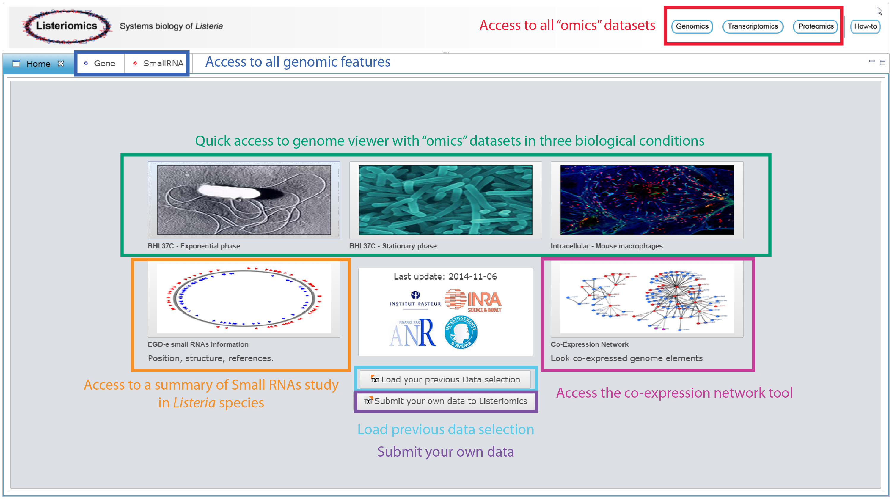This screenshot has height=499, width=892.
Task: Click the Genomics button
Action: click(692, 26)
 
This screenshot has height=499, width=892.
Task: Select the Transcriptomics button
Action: click(753, 26)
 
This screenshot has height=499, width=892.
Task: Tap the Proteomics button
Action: click(816, 26)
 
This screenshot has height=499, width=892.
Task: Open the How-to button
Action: click(865, 26)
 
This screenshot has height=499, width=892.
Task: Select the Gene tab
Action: click(100, 63)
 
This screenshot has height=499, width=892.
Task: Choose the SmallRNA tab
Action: click(158, 63)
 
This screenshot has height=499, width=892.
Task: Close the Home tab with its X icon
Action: click(61, 64)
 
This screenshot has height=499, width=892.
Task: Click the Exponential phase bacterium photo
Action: click(244, 200)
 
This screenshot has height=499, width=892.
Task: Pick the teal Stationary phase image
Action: click(445, 200)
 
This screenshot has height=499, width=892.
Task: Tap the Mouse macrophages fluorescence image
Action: click(647, 200)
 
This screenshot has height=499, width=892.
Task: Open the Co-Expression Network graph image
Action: click(647, 298)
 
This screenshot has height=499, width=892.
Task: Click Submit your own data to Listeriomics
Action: click(445, 401)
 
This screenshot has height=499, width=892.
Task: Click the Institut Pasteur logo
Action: click(415, 299)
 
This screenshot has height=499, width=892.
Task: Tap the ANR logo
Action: click(412, 333)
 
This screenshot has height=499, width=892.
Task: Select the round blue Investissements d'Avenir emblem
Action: click(461, 332)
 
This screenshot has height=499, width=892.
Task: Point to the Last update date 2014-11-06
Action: click(473, 276)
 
